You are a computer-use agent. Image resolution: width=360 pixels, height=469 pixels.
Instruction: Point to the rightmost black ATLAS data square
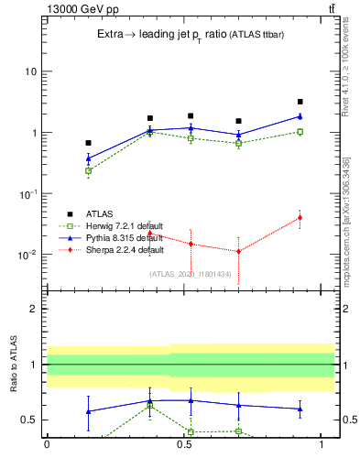(x=300, y=102)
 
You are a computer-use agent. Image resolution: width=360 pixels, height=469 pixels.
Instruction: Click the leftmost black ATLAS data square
(x=88, y=143)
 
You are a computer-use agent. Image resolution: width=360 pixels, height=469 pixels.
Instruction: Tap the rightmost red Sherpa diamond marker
(x=300, y=218)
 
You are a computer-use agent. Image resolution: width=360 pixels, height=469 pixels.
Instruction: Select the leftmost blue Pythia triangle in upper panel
(x=88, y=158)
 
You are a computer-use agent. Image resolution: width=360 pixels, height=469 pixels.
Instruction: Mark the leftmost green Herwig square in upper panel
(x=88, y=170)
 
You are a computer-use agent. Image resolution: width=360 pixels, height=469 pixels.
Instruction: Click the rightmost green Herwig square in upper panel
(x=300, y=132)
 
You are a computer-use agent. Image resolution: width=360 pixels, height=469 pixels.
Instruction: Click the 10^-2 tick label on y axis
(x=27, y=255)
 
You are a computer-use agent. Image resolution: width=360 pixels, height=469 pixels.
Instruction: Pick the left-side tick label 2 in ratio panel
(x=34, y=309)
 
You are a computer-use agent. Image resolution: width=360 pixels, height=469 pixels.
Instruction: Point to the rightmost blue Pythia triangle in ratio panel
(x=300, y=409)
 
